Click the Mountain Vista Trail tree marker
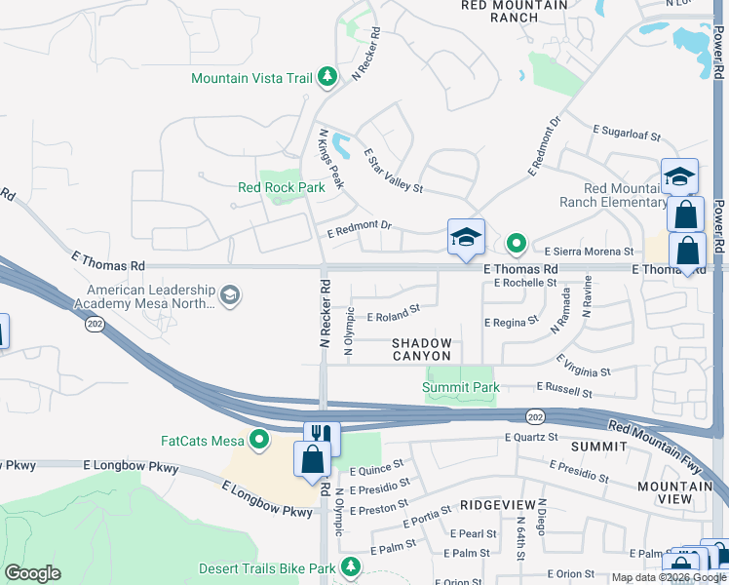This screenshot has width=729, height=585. coord(328,77)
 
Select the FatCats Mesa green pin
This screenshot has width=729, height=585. coord(259,441)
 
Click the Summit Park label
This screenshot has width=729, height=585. coord(460,387)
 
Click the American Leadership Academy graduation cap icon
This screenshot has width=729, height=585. coord(229,295)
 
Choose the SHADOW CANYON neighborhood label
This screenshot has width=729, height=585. coord(422,349)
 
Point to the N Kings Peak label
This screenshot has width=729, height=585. coord(331,159)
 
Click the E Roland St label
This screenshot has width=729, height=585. coord(393,314)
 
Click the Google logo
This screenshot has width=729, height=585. coord(32,573)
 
